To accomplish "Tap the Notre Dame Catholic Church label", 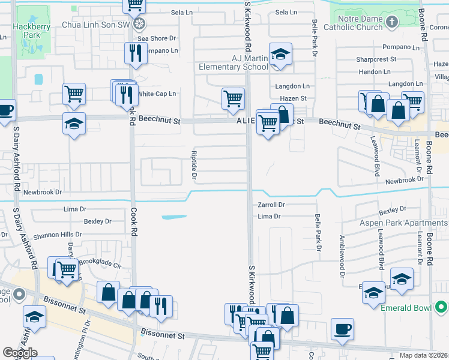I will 353,23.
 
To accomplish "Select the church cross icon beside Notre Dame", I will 392,23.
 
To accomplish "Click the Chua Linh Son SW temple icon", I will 139,25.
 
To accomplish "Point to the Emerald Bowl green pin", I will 441,308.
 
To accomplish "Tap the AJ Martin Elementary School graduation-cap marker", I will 280,55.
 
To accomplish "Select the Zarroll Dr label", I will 270,205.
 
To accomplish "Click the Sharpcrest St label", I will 376,59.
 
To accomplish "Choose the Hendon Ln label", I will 375,71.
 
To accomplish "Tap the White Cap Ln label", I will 157,94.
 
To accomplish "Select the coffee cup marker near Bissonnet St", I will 342,329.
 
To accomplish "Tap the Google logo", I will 20,353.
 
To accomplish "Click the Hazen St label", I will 293,98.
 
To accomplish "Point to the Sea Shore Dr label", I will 156,38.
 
